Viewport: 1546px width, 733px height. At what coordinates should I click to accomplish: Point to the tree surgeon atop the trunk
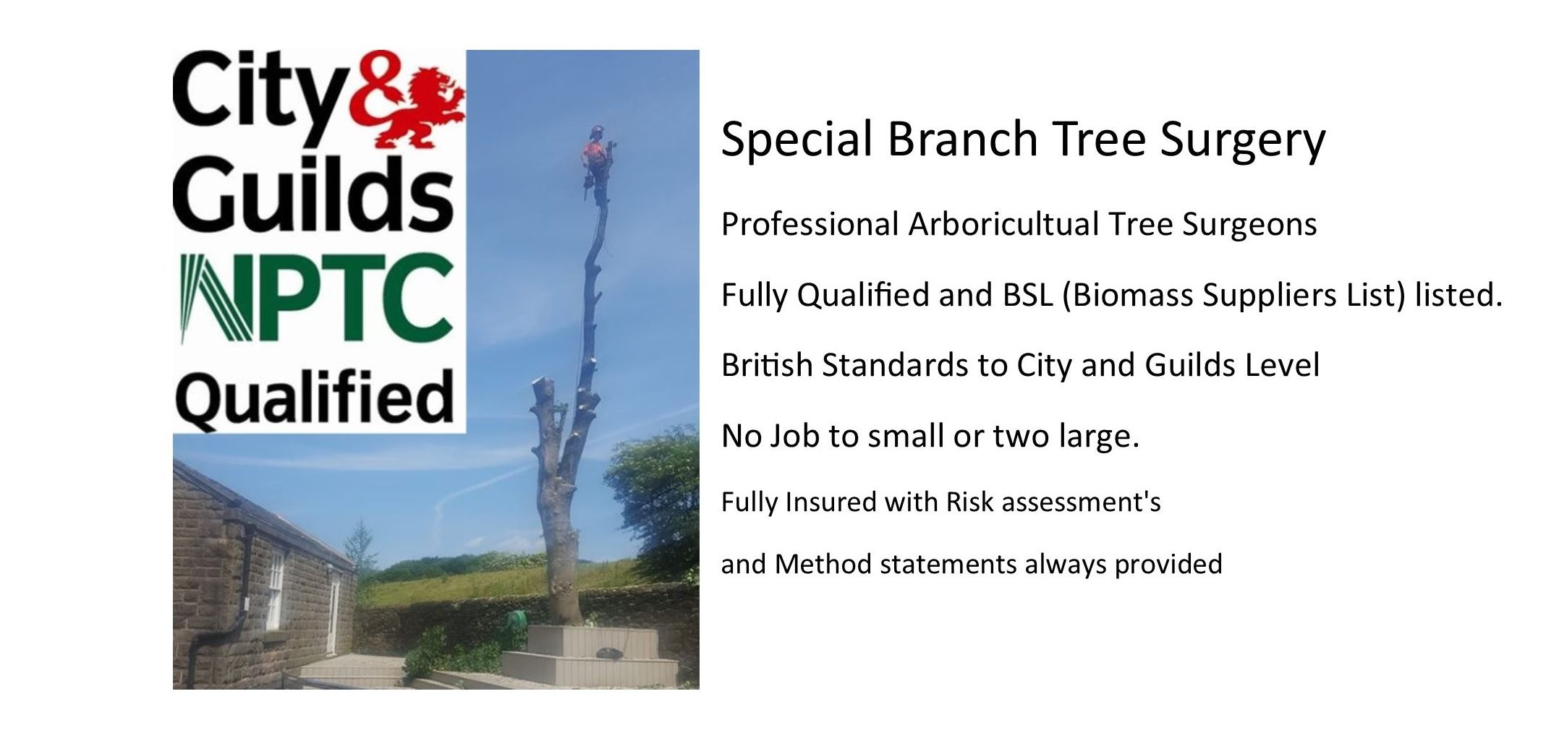tap(597, 163)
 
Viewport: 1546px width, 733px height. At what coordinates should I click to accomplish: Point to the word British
tap(768, 365)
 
